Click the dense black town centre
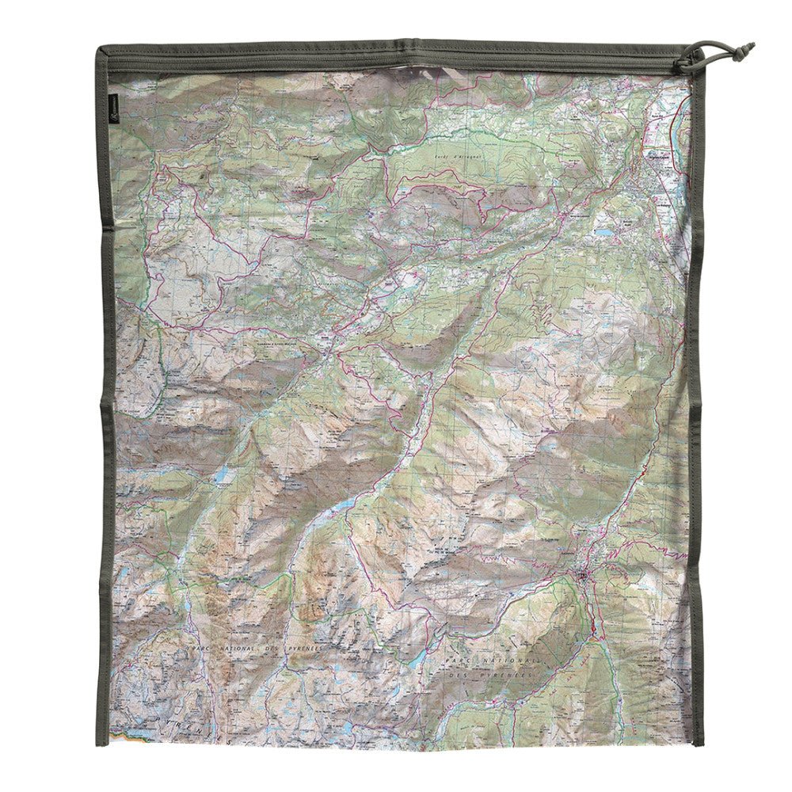click(584, 573)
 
